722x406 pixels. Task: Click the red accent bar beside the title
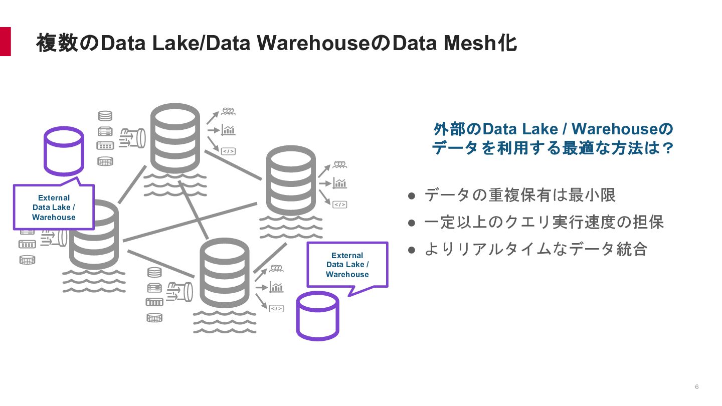[x=5, y=42]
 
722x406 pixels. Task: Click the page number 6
[x=697, y=386]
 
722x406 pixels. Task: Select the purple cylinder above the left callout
[x=64, y=150]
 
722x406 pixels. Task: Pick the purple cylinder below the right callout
[x=317, y=316]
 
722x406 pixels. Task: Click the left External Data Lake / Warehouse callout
[x=54, y=208]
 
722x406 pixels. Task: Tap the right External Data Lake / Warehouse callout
[x=347, y=265]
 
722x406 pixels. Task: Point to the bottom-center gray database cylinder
[x=224, y=273]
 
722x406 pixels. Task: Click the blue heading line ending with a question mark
[x=552, y=148]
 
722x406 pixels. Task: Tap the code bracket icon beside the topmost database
[x=228, y=151]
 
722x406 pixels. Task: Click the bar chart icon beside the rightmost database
[x=340, y=183]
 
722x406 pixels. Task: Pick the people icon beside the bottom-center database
[x=276, y=269]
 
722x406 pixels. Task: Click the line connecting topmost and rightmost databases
[x=233, y=165]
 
